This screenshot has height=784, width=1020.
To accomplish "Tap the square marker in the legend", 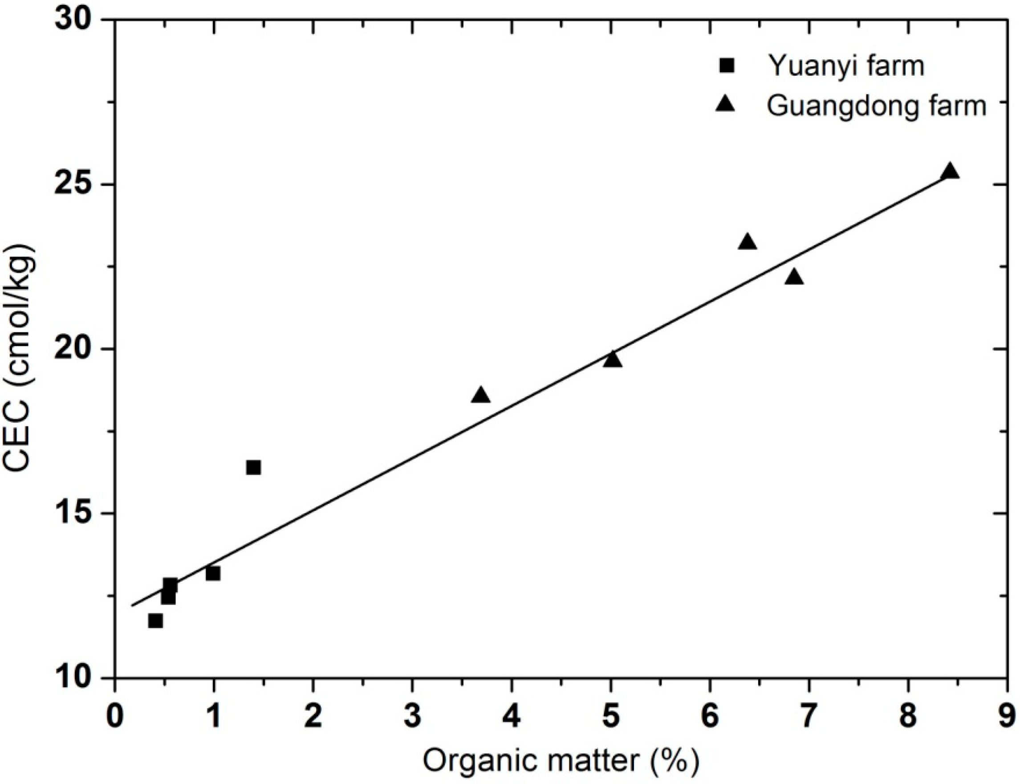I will pos(727,66).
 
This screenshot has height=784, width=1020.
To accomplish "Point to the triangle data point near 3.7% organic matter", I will pos(481,396).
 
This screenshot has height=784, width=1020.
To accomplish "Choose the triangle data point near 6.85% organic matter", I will pos(794,278).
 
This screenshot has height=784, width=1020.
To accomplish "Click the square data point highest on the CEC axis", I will pos(253,467).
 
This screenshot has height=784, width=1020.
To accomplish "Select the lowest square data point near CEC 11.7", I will pos(155,621).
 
